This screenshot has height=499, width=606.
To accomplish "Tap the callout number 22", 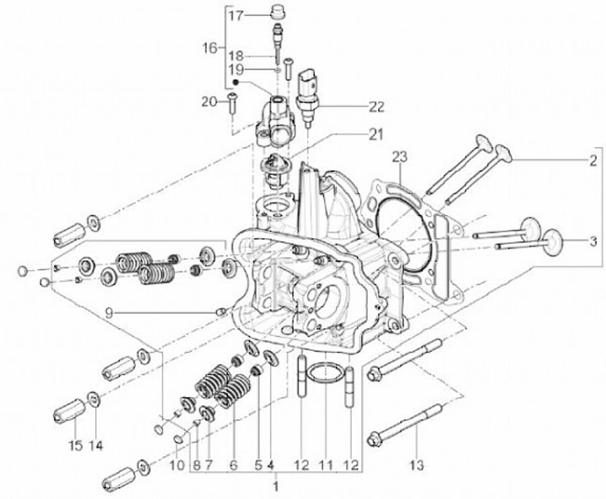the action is click(375, 107).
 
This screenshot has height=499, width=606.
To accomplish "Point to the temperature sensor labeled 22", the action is click(308, 98).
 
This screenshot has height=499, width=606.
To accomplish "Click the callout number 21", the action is click(375, 135).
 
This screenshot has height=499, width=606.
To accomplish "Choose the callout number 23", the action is click(400, 157).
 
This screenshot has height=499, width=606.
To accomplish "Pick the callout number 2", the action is click(593, 161).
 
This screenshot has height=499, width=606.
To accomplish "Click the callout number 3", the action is click(593, 242).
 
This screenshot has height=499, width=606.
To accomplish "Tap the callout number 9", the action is click(109, 313).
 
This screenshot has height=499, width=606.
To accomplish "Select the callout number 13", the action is click(416, 465).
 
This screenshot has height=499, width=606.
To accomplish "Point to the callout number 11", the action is click(326, 465).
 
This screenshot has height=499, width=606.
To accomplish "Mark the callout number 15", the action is click(76, 446).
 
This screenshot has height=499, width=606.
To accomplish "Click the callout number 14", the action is click(95, 446).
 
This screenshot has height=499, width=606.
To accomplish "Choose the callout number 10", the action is click(178, 465).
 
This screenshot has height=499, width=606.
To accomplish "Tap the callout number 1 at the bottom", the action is click(275, 486).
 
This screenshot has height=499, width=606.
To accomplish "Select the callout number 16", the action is click(210, 48).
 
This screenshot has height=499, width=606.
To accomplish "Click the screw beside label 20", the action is click(233, 103).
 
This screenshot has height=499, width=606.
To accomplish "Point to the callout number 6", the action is click(233, 465).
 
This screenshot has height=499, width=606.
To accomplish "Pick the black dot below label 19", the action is click(235, 82).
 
